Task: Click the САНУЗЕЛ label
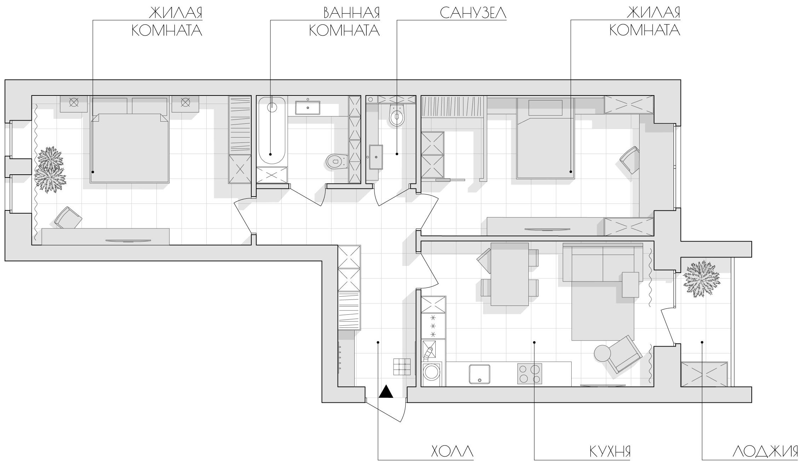pos(473,13)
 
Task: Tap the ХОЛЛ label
pos(453,452)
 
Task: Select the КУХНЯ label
pos(610,452)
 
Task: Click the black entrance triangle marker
pos(386,391)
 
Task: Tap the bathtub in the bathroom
pos(272,130)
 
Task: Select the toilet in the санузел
pos(397,115)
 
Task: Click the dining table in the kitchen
pos(510,274)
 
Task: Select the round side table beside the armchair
pos(602,353)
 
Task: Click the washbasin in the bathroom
pos(308,107)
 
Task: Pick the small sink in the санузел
pos(376,157)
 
